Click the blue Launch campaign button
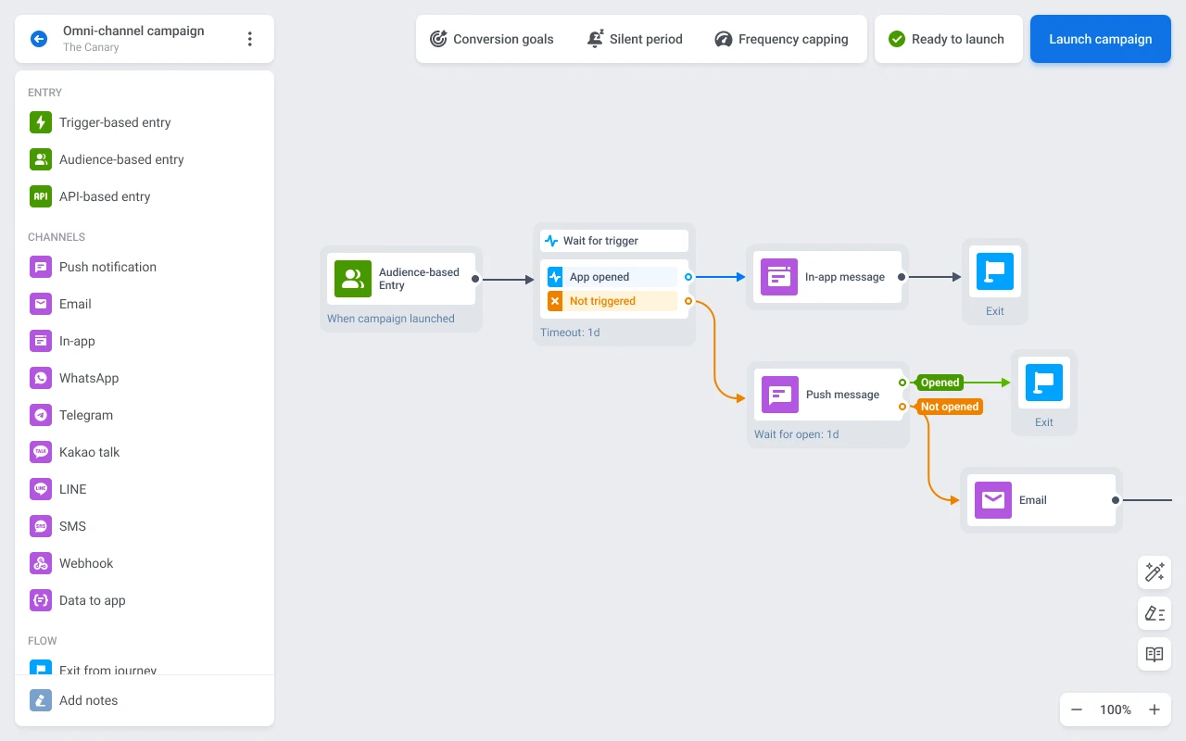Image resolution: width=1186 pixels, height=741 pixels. pyautogui.click(x=1100, y=39)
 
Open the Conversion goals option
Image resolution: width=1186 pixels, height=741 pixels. pyautogui.click(x=491, y=39)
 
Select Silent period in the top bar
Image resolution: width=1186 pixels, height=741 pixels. pyautogui.click(x=635, y=39)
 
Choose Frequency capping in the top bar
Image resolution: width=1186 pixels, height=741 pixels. pyautogui.click(x=781, y=39)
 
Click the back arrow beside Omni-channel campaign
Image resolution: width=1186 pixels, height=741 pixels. pyautogui.click(x=39, y=39)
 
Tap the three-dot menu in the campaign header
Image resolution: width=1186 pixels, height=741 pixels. pyautogui.click(x=249, y=39)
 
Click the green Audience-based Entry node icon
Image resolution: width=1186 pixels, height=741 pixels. pyautogui.click(x=353, y=279)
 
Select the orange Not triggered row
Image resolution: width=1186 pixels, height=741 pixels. pyautogui.click(x=612, y=301)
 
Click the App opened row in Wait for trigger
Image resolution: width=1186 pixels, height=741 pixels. pyautogui.click(x=612, y=277)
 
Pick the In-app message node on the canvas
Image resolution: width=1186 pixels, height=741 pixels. pyautogui.click(x=826, y=277)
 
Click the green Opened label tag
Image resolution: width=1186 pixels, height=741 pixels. pyautogui.click(x=940, y=383)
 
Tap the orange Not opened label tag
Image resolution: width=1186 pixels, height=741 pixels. pyautogui.click(x=949, y=407)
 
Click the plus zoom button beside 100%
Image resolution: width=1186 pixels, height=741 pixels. pyautogui.click(x=1154, y=710)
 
